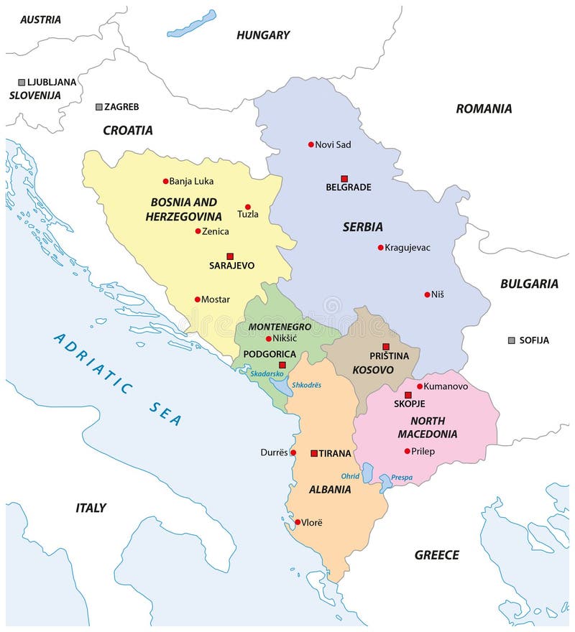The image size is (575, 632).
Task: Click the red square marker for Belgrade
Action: (344, 178)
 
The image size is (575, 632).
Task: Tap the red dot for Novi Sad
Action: (311, 144)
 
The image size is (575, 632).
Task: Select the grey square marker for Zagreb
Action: (99, 107)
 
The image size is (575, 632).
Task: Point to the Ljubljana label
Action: (51, 82)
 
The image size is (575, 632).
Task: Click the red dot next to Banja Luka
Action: (165, 181)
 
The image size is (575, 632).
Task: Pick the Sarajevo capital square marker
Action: (230, 256)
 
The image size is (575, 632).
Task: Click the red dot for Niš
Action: (427, 294)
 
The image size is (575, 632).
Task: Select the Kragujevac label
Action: (408, 248)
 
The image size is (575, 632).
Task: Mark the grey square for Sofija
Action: (511, 340)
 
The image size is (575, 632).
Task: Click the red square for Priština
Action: (386, 346)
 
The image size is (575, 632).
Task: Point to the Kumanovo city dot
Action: (420, 386)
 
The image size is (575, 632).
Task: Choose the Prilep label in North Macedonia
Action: (424, 451)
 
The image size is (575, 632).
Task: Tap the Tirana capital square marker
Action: (314, 453)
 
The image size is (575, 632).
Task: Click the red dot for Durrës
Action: (293, 452)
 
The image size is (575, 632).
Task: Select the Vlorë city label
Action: (313, 522)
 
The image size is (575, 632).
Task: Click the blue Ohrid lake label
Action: (350, 476)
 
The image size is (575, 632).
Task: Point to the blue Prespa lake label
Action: (402, 477)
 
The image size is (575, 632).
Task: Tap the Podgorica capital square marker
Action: (282, 366)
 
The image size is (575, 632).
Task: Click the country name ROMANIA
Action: (484, 108)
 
